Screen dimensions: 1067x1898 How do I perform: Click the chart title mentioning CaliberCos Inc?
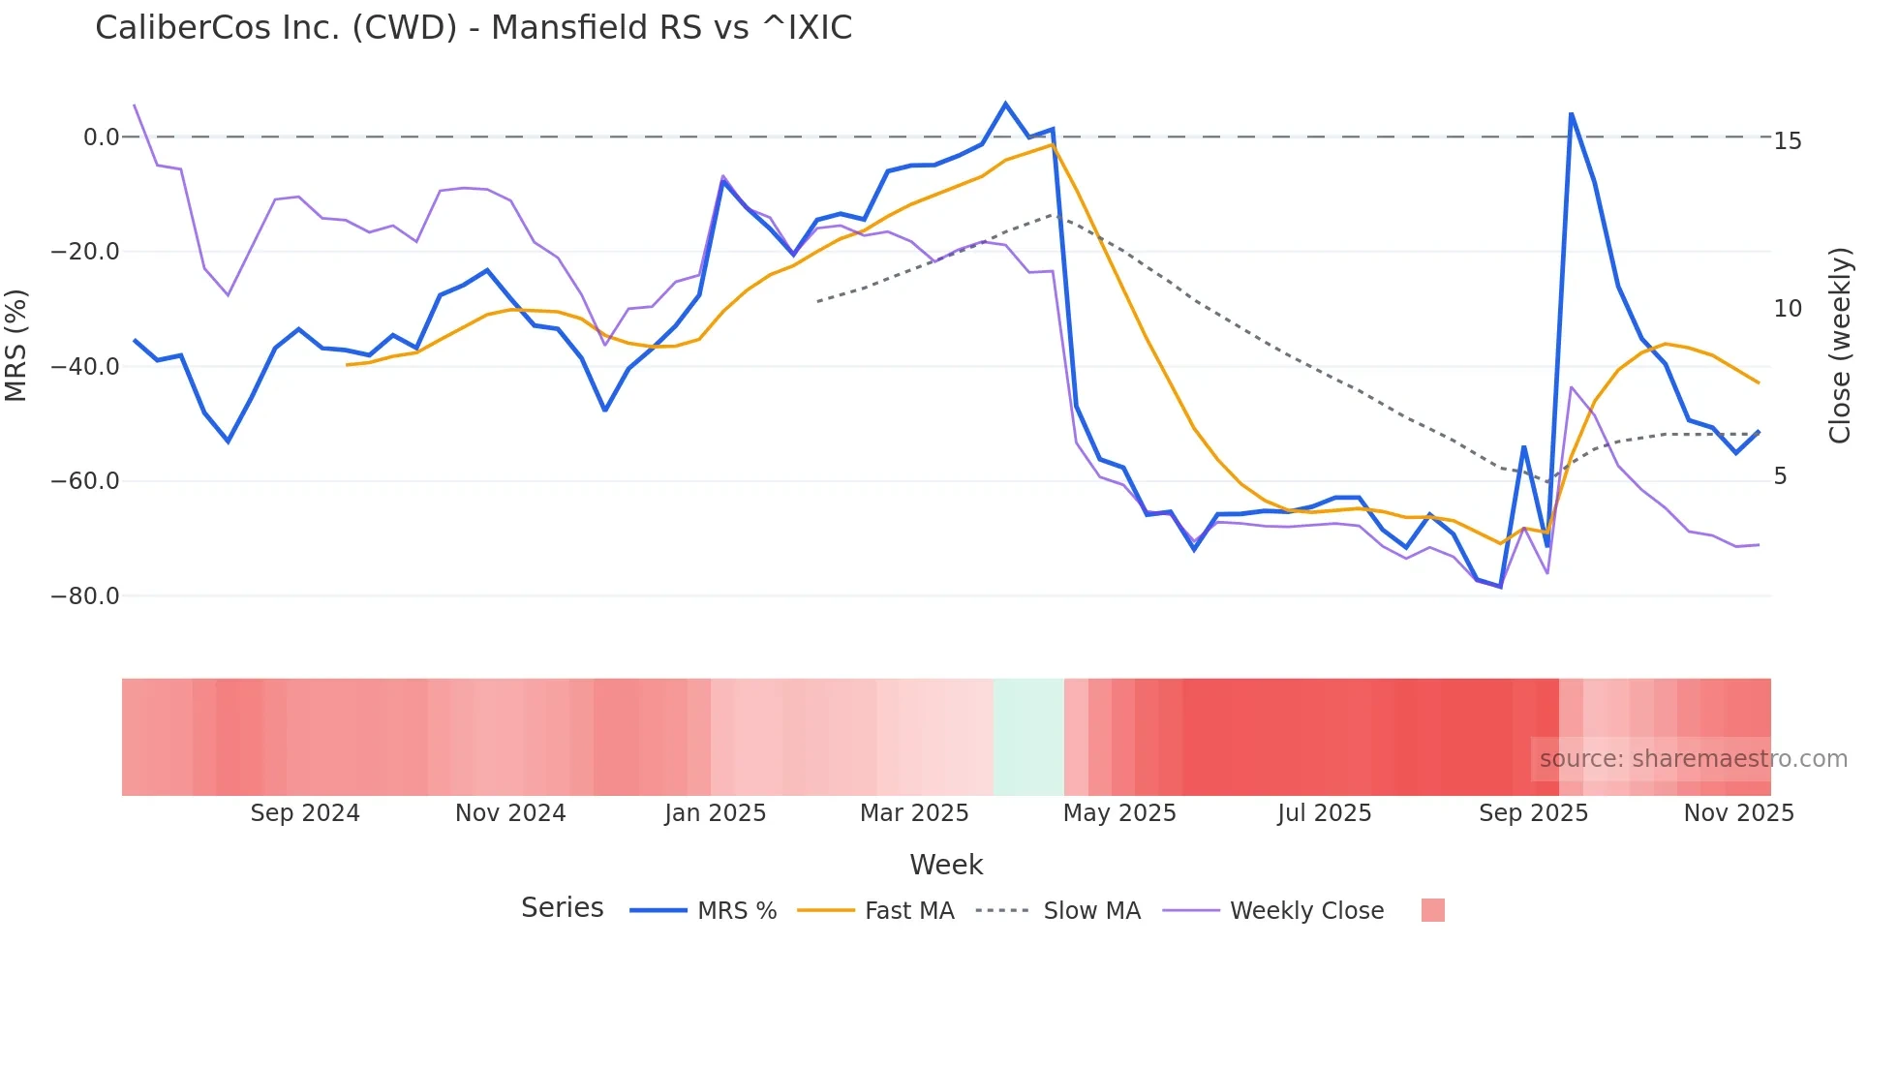(x=474, y=28)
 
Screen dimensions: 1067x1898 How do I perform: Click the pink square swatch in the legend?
(x=1432, y=910)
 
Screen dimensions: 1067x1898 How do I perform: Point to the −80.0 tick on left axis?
(x=85, y=596)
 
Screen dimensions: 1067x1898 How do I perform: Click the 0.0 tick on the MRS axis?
(x=101, y=137)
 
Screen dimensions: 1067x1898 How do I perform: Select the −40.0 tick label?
(x=85, y=367)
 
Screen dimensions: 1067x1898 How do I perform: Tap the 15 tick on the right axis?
(x=1788, y=141)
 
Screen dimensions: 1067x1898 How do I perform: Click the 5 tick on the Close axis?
(x=1780, y=476)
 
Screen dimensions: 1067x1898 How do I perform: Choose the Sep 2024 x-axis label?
(x=305, y=813)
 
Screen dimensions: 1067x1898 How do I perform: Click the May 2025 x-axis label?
(x=1119, y=813)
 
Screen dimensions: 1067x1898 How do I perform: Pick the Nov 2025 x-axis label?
(x=1738, y=813)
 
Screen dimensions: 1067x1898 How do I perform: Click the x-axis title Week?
(x=946, y=865)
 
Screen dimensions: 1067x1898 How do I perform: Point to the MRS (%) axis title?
(x=16, y=345)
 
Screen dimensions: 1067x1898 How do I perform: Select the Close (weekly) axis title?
(x=1840, y=346)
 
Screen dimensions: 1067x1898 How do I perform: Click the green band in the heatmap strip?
(x=1028, y=737)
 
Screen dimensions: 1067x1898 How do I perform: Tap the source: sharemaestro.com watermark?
(x=1693, y=759)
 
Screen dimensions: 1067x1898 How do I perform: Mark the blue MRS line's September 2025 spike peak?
(x=1571, y=114)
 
